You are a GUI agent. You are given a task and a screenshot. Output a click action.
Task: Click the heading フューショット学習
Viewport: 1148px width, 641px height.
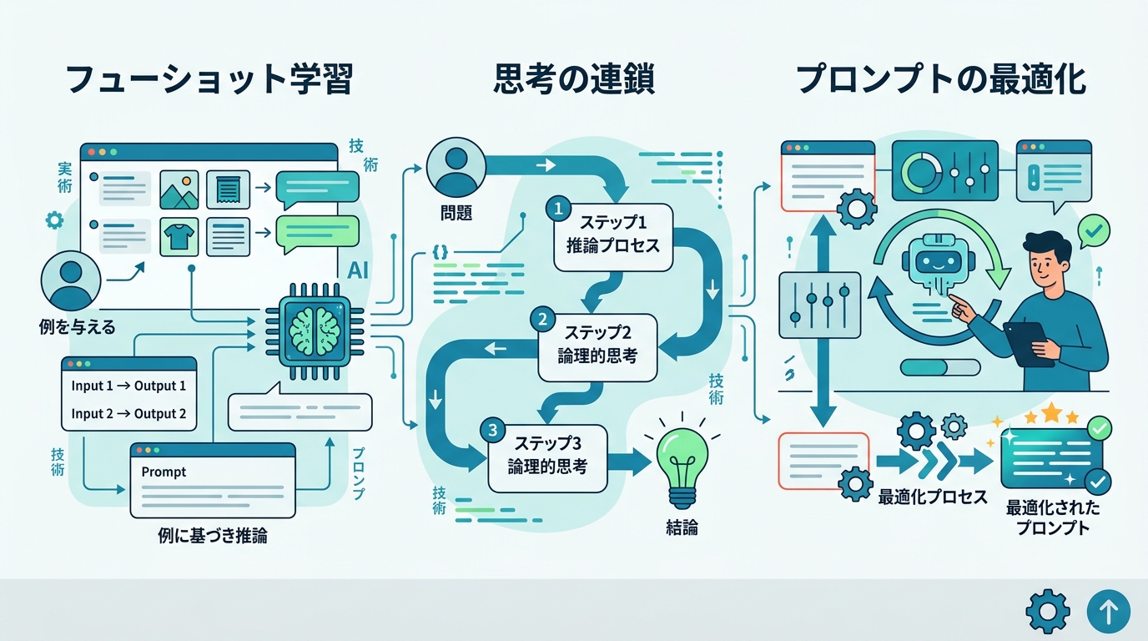pyautogui.click(x=209, y=80)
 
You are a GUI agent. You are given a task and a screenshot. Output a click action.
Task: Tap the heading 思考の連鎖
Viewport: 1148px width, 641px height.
pyautogui.click(x=573, y=80)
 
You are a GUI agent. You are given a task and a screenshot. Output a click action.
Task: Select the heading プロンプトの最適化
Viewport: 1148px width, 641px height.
pyautogui.click(x=940, y=80)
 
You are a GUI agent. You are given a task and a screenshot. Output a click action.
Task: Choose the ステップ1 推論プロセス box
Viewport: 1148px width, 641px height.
pyautogui.click(x=613, y=236)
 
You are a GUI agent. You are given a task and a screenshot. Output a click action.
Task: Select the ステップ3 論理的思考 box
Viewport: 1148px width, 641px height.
pyautogui.click(x=547, y=456)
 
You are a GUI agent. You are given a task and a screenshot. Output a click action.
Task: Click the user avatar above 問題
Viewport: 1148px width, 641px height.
pyautogui.click(x=456, y=165)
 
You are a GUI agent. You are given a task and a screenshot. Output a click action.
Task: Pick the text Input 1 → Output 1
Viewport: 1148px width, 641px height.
pyautogui.click(x=128, y=386)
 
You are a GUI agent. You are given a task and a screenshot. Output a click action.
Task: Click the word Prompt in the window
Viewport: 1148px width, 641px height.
pyautogui.click(x=164, y=472)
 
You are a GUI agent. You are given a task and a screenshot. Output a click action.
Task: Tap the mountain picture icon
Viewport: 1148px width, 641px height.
pyautogui.click(x=179, y=189)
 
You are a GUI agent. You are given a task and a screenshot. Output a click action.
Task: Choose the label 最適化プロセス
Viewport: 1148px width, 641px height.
pyautogui.click(x=932, y=497)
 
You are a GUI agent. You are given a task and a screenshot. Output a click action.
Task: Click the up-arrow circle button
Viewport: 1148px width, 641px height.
pyautogui.click(x=1108, y=612)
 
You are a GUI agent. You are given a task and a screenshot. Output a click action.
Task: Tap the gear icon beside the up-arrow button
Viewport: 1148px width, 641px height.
pyautogui.click(x=1047, y=612)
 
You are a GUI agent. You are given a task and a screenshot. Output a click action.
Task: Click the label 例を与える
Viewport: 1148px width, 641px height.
pyautogui.click(x=77, y=326)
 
